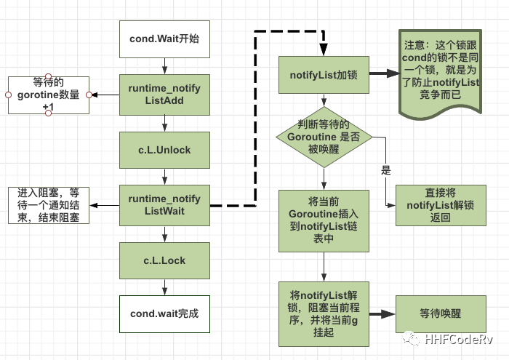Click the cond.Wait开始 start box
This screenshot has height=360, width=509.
coord(164,39)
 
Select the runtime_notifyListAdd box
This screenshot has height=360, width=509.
coord(164,95)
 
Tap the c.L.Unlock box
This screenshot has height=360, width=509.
coord(164,150)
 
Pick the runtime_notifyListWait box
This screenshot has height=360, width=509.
coord(164,205)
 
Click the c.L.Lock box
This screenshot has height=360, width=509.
coord(164,260)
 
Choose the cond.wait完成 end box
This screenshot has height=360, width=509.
coord(164,313)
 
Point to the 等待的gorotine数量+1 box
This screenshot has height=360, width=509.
coord(48,95)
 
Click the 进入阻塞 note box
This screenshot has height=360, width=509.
coord(49,205)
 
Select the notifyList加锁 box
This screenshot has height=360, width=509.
coord(324,74)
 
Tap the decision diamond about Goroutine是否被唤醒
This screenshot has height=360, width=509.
coord(324,136)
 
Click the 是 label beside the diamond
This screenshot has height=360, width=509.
coord(385,171)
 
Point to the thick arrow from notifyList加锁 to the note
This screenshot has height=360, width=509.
coord(384,74)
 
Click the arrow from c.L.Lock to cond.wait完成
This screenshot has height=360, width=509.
coord(164,287)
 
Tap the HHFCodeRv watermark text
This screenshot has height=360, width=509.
coord(462,340)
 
